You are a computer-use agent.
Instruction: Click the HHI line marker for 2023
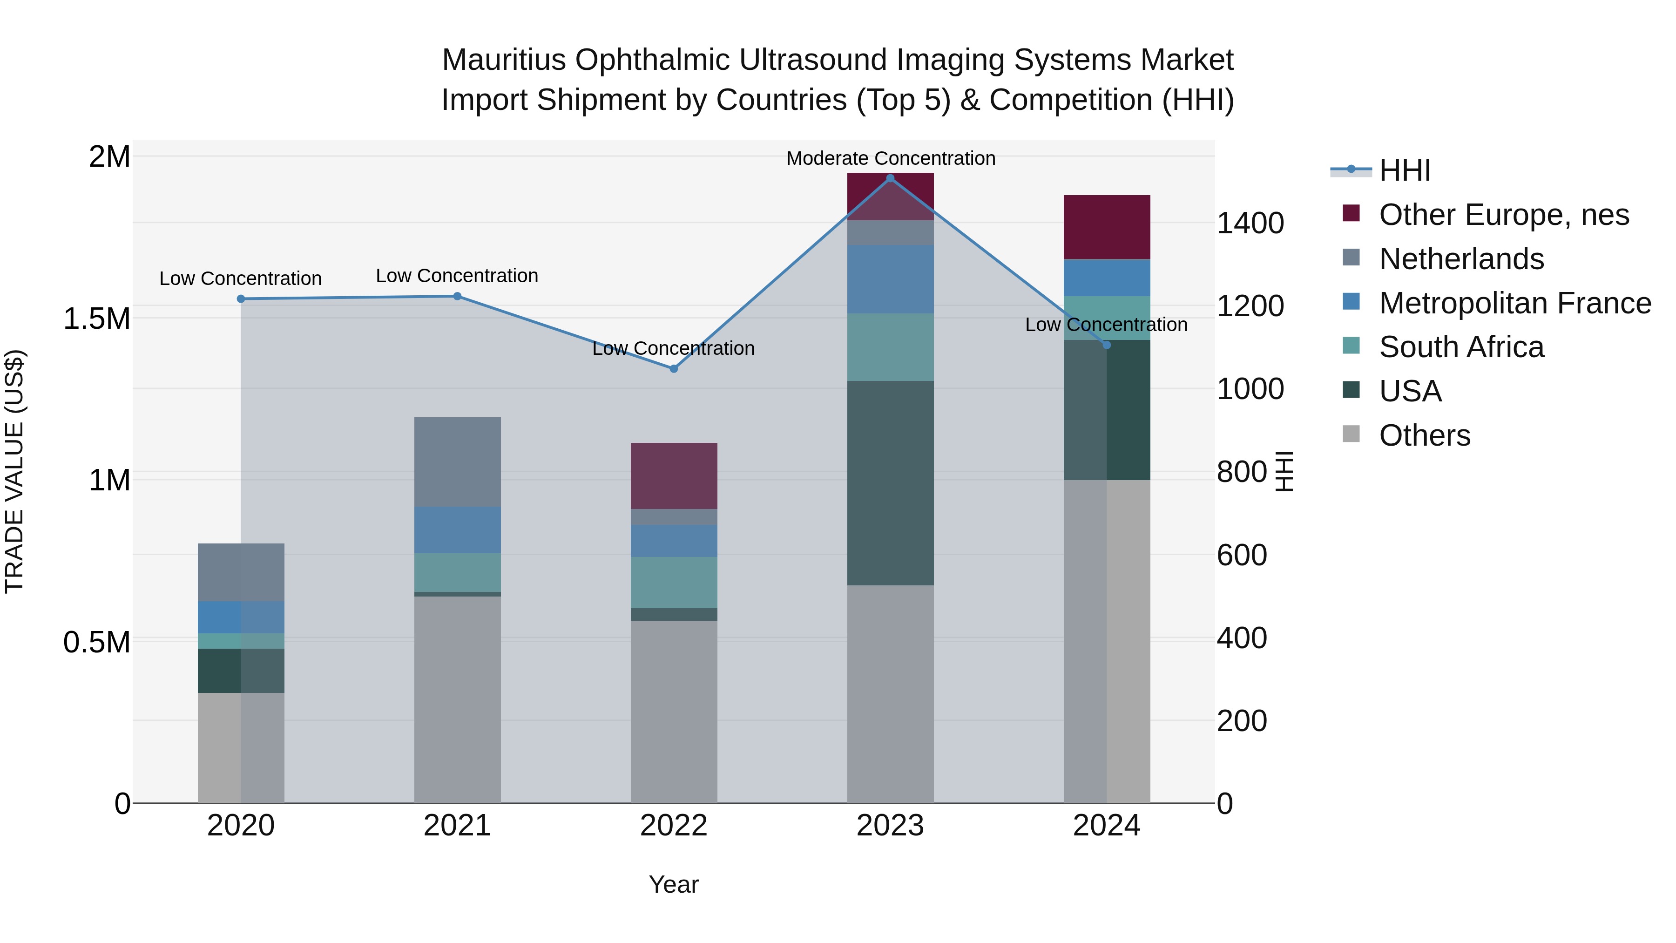pyautogui.click(x=890, y=178)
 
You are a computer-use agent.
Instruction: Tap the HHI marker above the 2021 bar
pyautogui.click(x=457, y=297)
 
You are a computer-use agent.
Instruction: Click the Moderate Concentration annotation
pyautogui.click(x=891, y=158)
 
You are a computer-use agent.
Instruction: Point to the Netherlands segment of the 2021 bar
pyautogui.click(x=457, y=462)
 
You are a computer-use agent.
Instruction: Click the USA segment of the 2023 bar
pyautogui.click(x=890, y=483)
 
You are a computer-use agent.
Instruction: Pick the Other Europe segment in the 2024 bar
pyautogui.click(x=1107, y=226)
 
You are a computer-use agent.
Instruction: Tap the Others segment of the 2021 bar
pyautogui.click(x=457, y=699)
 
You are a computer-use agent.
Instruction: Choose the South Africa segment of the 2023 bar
pyautogui.click(x=890, y=347)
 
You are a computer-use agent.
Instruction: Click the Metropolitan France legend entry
pyautogui.click(x=1514, y=303)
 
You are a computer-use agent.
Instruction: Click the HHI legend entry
pyautogui.click(x=1405, y=170)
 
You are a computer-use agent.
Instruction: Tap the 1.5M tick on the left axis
pyautogui.click(x=97, y=319)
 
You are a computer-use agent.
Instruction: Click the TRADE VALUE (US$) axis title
pyautogui.click(x=14, y=471)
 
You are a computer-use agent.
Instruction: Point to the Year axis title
pyautogui.click(x=673, y=884)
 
